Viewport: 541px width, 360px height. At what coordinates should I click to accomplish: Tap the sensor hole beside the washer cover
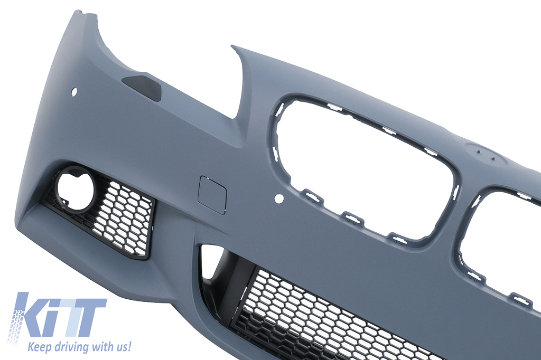coord(74,92)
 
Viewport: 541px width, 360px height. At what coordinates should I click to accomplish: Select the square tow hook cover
coord(211,194)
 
